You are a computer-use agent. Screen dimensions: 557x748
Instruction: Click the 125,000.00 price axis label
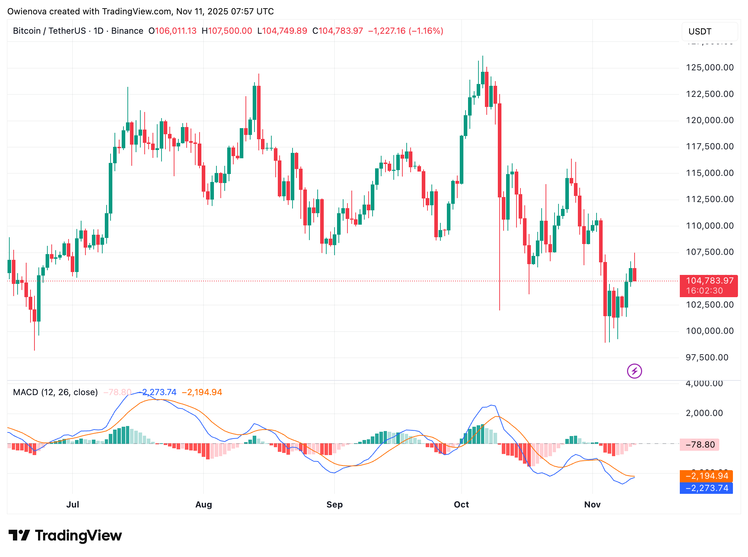coord(710,67)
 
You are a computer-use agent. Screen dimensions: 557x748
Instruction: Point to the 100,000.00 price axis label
coord(710,331)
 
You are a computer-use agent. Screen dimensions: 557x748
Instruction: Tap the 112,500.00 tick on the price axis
coord(710,199)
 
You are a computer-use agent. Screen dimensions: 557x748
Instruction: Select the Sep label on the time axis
coord(335,505)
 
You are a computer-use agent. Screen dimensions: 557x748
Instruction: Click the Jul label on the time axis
coord(73,505)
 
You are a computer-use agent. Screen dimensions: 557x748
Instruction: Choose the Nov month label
coord(592,505)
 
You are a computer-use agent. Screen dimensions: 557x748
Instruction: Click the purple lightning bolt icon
coord(634,371)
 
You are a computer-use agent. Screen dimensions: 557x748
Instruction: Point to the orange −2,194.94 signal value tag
coord(706,476)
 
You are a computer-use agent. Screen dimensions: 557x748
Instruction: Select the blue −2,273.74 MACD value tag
coord(706,488)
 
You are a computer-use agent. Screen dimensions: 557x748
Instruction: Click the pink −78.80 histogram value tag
coord(700,445)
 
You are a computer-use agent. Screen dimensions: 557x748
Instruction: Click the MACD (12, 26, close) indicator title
coord(55,392)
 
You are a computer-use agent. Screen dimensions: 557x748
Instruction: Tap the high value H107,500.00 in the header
coord(227,31)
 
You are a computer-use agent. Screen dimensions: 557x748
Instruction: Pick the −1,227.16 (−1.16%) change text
coord(406,31)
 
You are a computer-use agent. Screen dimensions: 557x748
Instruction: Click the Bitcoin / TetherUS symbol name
coord(49,31)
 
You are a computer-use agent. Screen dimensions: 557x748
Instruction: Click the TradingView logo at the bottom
coord(65,535)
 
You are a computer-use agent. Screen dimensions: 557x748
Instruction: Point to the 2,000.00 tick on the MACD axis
coord(704,413)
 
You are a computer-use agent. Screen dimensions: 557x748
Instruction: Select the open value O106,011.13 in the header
coord(173,31)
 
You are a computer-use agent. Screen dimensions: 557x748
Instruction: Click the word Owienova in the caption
coord(27,11)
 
